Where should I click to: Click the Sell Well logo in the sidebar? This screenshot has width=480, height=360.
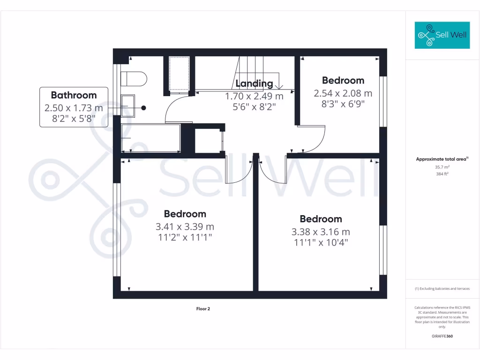pos(442,35)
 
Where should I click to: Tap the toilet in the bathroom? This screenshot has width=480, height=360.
pos(134,78)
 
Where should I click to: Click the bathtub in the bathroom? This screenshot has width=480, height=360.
pos(150,138)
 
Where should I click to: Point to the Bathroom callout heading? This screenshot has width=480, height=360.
pos(74,95)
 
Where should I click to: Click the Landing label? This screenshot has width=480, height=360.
pos(254,83)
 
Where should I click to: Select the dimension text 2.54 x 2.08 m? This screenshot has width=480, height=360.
pos(343,93)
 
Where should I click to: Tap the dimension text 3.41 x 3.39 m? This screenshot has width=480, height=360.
pos(185,226)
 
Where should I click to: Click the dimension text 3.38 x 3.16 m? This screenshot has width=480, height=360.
pos(321,232)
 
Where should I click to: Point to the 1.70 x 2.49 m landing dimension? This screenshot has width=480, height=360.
pos(254,96)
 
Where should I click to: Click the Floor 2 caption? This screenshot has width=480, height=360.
pos(203,309)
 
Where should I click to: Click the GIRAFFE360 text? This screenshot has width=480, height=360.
pos(442,336)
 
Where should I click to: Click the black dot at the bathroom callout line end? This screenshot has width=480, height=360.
pos(144,108)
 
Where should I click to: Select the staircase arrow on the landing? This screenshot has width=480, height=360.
pos(279,86)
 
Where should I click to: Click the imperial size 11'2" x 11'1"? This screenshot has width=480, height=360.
pos(185,238)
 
